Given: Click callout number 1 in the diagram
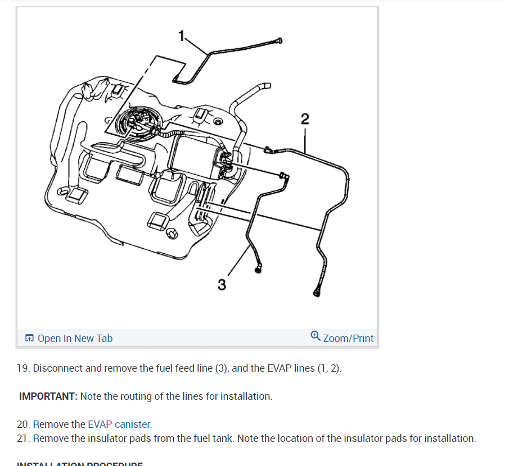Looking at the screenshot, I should click(x=181, y=36).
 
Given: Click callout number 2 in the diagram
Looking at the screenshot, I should click(x=305, y=118).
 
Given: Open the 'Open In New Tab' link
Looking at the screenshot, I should click(x=75, y=339).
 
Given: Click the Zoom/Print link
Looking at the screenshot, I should click(x=348, y=339).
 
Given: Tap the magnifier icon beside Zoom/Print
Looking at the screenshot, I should click(x=315, y=336).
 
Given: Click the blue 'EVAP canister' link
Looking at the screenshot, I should click(x=119, y=424).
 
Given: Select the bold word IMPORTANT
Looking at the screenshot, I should click(x=48, y=396).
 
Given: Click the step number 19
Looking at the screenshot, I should click(x=22, y=369).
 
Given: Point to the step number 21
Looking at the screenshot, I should click(x=22, y=438).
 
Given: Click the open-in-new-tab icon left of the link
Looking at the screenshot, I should click(x=29, y=339).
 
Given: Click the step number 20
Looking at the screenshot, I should click(x=23, y=424).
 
